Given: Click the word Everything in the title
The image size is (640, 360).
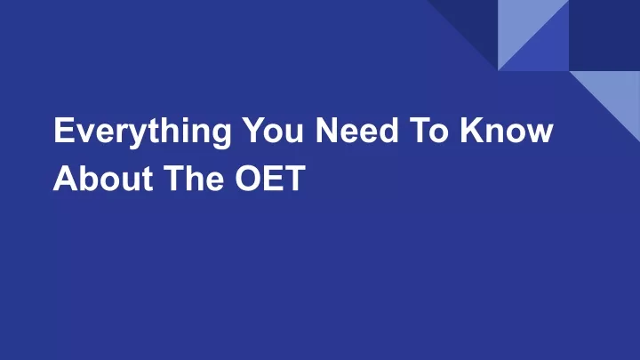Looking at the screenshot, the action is [x=142, y=132].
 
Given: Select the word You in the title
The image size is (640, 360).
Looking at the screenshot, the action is [x=272, y=130].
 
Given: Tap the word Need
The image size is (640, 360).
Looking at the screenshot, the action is [x=356, y=130].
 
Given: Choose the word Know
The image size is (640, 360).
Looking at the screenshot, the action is [x=507, y=130].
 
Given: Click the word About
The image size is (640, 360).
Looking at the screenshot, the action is [x=103, y=178].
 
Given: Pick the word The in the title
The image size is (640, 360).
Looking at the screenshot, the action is [x=194, y=178].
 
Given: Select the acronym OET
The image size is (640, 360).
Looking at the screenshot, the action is [x=270, y=178].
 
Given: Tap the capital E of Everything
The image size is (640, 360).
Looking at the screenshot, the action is [x=65, y=130].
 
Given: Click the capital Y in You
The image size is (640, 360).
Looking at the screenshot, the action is [x=254, y=130].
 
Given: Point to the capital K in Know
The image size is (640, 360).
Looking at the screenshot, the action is [x=473, y=130].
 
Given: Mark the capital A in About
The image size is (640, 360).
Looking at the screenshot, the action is [x=66, y=178].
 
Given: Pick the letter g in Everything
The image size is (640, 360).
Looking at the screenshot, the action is [x=221, y=135].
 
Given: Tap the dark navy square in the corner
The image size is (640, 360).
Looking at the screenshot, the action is [x=604, y=35].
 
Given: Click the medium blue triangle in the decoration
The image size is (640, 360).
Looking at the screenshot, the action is [x=545, y=46].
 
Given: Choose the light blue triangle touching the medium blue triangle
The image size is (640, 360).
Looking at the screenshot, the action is [x=522, y=23].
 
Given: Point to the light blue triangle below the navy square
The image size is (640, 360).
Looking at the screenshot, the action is [x=616, y=95].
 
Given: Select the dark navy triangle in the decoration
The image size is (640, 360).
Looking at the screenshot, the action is [x=475, y=23].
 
